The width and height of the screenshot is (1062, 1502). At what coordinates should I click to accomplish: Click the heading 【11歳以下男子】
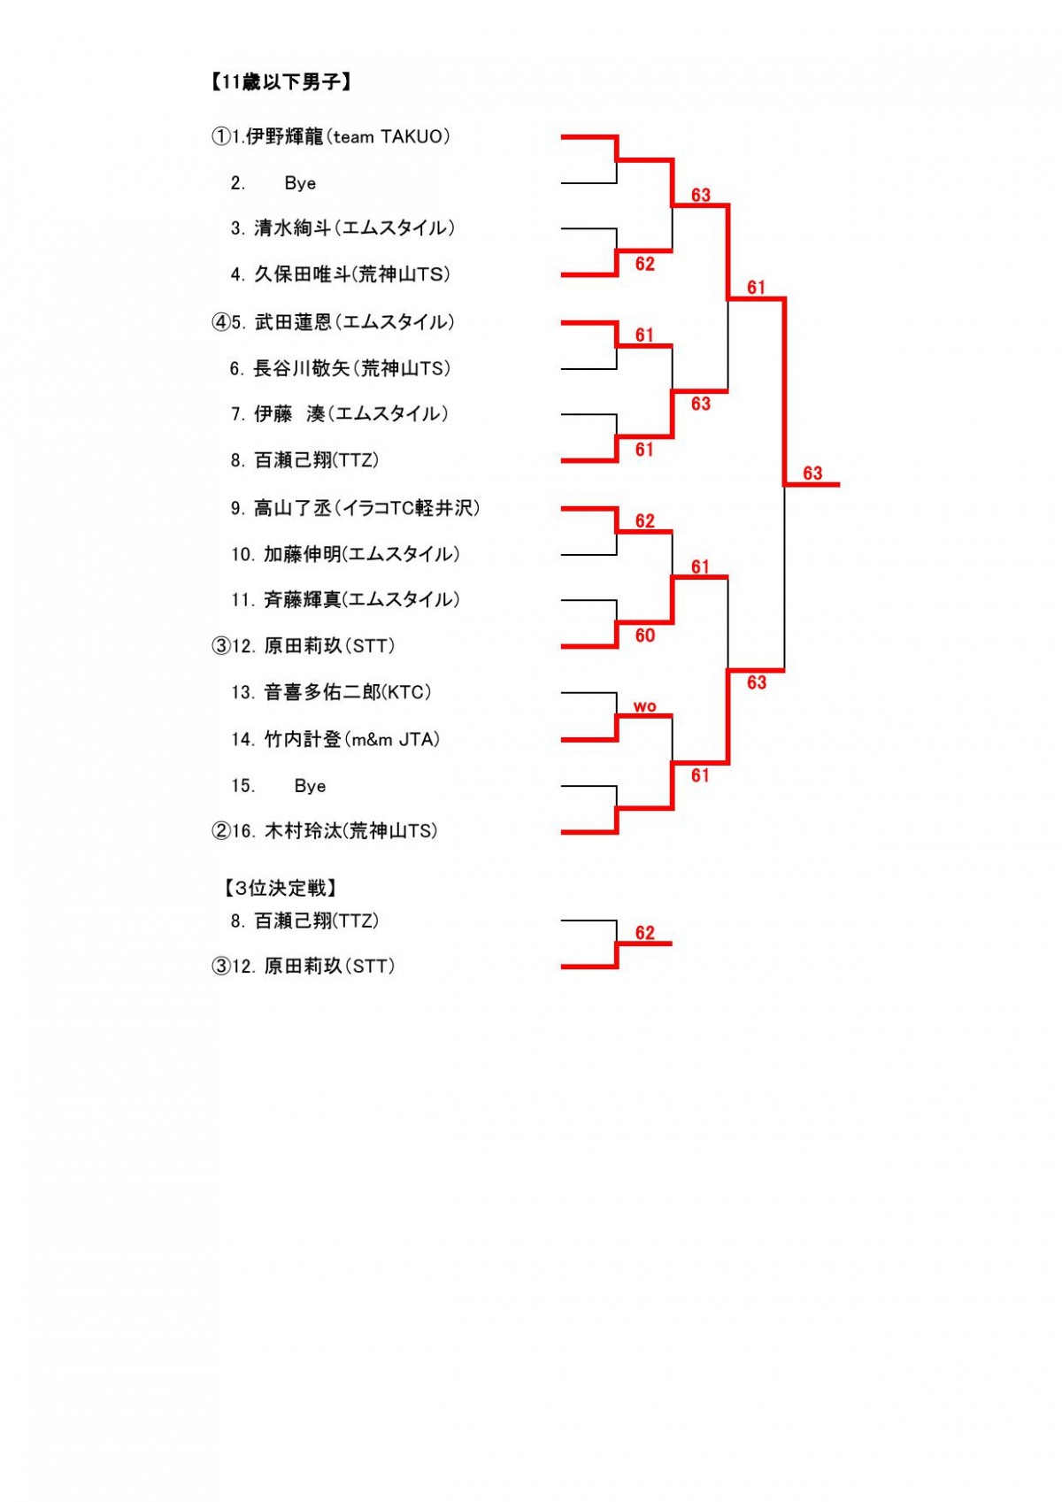pyautogui.click(x=281, y=81)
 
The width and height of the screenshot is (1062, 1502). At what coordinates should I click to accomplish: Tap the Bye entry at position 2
pyautogui.click(x=273, y=183)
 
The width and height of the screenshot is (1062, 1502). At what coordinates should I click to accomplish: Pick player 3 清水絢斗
pyautogui.click(x=342, y=228)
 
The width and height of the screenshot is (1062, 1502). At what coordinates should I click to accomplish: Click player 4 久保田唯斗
pyautogui.click(x=340, y=274)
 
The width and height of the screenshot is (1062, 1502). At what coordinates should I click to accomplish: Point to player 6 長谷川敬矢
pyautogui.click(x=340, y=368)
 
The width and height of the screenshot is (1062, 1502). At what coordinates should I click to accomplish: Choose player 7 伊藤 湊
pyautogui.click(x=339, y=413)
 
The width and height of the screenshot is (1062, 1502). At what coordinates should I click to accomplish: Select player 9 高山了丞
pyautogui.click(x=356, y=508)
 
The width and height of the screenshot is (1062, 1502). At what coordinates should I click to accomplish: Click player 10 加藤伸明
pyautogui.click(x=345, y=554)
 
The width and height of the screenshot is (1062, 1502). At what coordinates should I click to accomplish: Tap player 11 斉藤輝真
pyautogui.click(x=345, y=599)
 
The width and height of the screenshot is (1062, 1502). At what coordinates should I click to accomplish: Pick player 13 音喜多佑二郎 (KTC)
pyautogui.click(x=331, y=692)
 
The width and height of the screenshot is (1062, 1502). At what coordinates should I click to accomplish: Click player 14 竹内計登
pyautogui.click(x=335, y=739)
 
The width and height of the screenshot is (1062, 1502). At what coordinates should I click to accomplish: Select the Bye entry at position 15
pyautogui.click(x=278, y=786)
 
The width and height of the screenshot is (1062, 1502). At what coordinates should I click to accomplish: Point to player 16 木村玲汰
pyautogui.click(x=325, y=831)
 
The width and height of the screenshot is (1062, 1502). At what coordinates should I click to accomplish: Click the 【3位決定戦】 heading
pyautogui.click(x=281, y=889)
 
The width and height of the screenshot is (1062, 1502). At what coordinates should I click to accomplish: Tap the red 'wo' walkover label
pyautogui.click(x=644, y=706)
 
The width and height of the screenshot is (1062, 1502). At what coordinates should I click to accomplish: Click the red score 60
pyautogui.click(x=644, y=635)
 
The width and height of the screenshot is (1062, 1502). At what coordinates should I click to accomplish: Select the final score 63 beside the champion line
pyautogui.click(x=812, y=474)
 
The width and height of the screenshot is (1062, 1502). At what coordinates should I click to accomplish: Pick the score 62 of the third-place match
pyautogui.click(x=644, y=933)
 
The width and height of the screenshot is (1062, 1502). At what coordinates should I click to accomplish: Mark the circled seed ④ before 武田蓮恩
pyautogui.click(x=220, y=322)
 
